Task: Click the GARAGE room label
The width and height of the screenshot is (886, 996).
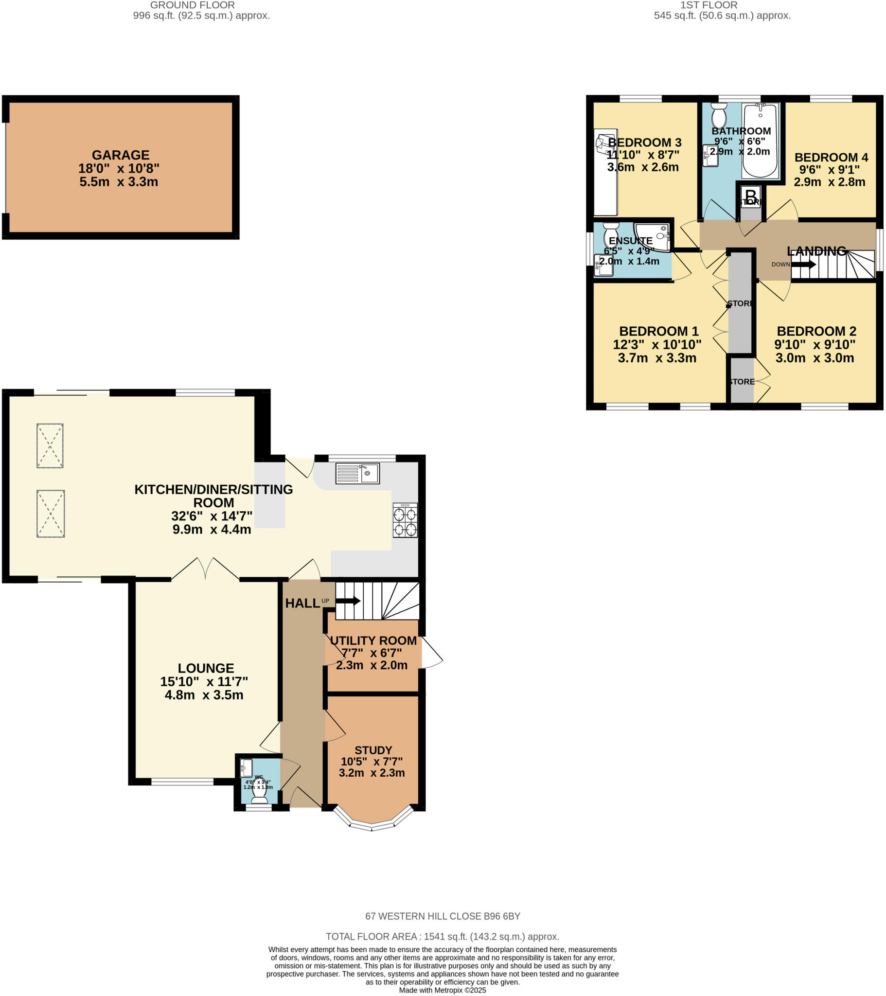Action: [121, 155]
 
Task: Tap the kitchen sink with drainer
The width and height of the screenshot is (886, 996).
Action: [357, 473]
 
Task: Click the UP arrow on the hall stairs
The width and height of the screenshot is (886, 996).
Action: [348, 601]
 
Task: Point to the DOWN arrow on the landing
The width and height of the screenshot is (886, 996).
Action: [803, 265]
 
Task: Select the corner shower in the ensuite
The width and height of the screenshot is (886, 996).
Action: [655, 236]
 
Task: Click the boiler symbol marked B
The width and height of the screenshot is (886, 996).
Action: [751, 196]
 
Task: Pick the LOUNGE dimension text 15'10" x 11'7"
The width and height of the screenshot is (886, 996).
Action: [204, 681]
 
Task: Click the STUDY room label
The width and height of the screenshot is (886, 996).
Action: [373, 750]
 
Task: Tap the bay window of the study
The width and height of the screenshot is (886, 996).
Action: [372, 824]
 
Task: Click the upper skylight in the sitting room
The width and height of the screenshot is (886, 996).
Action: [50, 445]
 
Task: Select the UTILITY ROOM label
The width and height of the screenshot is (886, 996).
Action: [373, 641]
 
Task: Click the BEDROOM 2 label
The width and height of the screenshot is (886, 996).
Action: [816, 331]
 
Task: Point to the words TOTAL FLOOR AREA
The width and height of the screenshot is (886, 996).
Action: [372, 936]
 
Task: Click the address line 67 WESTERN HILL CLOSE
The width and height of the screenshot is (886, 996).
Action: [443, 916]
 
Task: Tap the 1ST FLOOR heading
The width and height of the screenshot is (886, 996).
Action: [708, 5]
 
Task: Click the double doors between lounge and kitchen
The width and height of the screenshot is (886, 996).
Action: [205, 569]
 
